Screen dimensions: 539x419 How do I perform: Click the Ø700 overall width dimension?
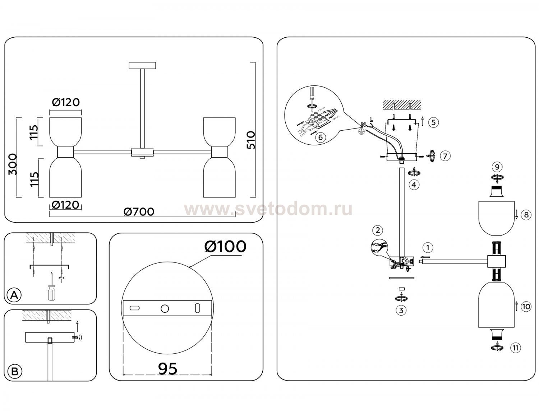pyautogui.click(x=139, y=211)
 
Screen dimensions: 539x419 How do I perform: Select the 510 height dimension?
pyautogui.click(x=251, y=140)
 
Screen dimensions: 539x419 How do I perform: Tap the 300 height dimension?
pyautogui.click(x=13, y=164)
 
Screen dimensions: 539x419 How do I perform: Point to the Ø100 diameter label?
pyautogui.click(x=225, y=246)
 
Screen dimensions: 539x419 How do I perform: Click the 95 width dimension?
pyautogui.click(x=168, y=369)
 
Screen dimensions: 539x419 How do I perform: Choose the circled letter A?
pyautogui.click(x=14, y=295)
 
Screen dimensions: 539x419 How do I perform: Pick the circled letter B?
pyautogui.click(x=15, y=372)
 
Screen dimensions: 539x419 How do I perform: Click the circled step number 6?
pyautogui.click(x=321, y=137)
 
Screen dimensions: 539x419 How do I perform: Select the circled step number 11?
pyautogui.click(x=515, y=348)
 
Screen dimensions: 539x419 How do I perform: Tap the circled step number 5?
pyautogui.click(x=434, y=122)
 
